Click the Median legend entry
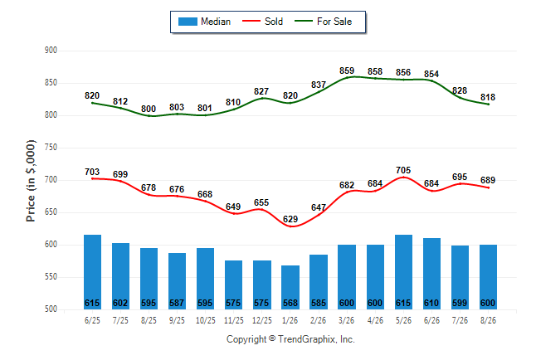(x=204, y=22)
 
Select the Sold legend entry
(x=262, y=22)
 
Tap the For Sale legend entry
(x=323, y=22)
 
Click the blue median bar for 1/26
(x=290, y=287)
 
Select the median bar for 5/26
(x=403, y=272)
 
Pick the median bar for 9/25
(x=177, y=281)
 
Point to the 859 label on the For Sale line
(x=347, y=71)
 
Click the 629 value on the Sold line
(x=290, y=219)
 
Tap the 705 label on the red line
(x=403, y=170)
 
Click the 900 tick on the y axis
(x=51, y=51)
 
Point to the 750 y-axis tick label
(x=51, y=148)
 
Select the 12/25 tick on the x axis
(x=262, y=320)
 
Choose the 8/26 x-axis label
(x=488, y=320)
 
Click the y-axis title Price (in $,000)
(x=31, y=181)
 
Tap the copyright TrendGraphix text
(x=290, y=339)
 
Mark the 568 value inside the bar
(x=290, y=304)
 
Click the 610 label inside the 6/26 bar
(x=431, y=304)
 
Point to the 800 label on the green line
(x=149, y=109)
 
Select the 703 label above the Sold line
(x=92, y=172)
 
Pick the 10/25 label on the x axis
(x=206, y=320)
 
